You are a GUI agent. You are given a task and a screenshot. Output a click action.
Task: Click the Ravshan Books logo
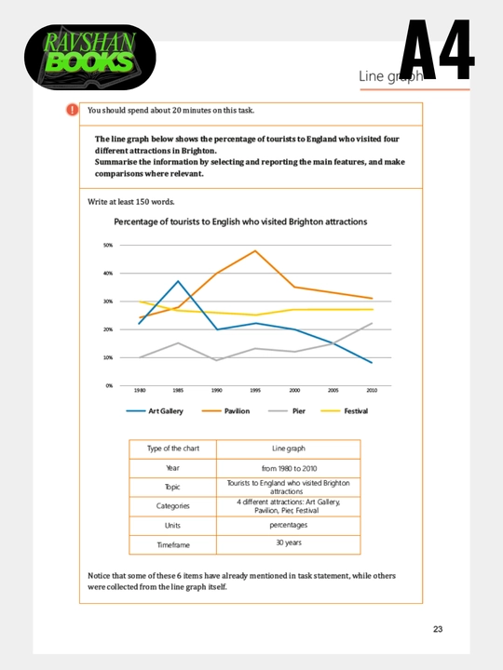[89, 57]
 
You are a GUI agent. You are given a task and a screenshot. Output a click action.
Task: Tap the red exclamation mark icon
[73, 110]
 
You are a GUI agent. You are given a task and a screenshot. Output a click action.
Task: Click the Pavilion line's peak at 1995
[255, 251]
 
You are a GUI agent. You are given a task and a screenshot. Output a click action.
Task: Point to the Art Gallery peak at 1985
[178, 281]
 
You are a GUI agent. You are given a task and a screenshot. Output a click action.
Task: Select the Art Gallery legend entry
[155, 411]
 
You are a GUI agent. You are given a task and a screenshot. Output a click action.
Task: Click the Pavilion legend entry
[225, 411]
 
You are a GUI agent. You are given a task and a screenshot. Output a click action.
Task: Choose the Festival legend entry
[344, 411]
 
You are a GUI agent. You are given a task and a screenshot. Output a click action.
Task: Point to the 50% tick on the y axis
[108, 246]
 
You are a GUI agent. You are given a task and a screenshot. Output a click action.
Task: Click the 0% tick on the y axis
[109, 385]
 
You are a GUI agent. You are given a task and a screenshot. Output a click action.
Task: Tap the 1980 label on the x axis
[140, 390]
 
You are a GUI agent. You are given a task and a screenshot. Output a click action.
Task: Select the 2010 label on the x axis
[372, 390]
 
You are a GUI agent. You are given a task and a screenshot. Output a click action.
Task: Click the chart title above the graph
[240, 221]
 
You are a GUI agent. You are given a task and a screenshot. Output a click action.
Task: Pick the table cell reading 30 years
[289, 543]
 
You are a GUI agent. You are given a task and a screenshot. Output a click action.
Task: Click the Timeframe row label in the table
[173, 544]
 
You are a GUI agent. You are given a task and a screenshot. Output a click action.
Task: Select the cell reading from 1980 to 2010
[289, 468]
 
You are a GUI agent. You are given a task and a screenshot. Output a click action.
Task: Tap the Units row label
[173, 526]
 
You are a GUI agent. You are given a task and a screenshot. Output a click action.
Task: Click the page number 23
[438, 629]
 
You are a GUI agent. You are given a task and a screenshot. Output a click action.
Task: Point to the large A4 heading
[436, 49]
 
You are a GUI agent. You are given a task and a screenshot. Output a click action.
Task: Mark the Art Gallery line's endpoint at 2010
[372, 362]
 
